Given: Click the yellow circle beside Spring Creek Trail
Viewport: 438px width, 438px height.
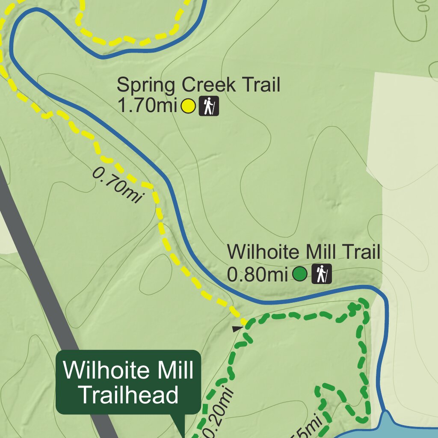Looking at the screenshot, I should (188, 106).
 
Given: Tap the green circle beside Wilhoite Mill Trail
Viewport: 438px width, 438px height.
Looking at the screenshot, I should (300, 274).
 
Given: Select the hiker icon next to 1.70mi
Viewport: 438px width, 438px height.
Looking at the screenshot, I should (209, 106).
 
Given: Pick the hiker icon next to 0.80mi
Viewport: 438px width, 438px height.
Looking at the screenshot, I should (322, 274).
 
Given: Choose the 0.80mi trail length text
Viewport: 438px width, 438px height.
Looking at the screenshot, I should (257, 274).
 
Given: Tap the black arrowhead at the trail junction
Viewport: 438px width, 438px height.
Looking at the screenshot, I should (237, 328).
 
